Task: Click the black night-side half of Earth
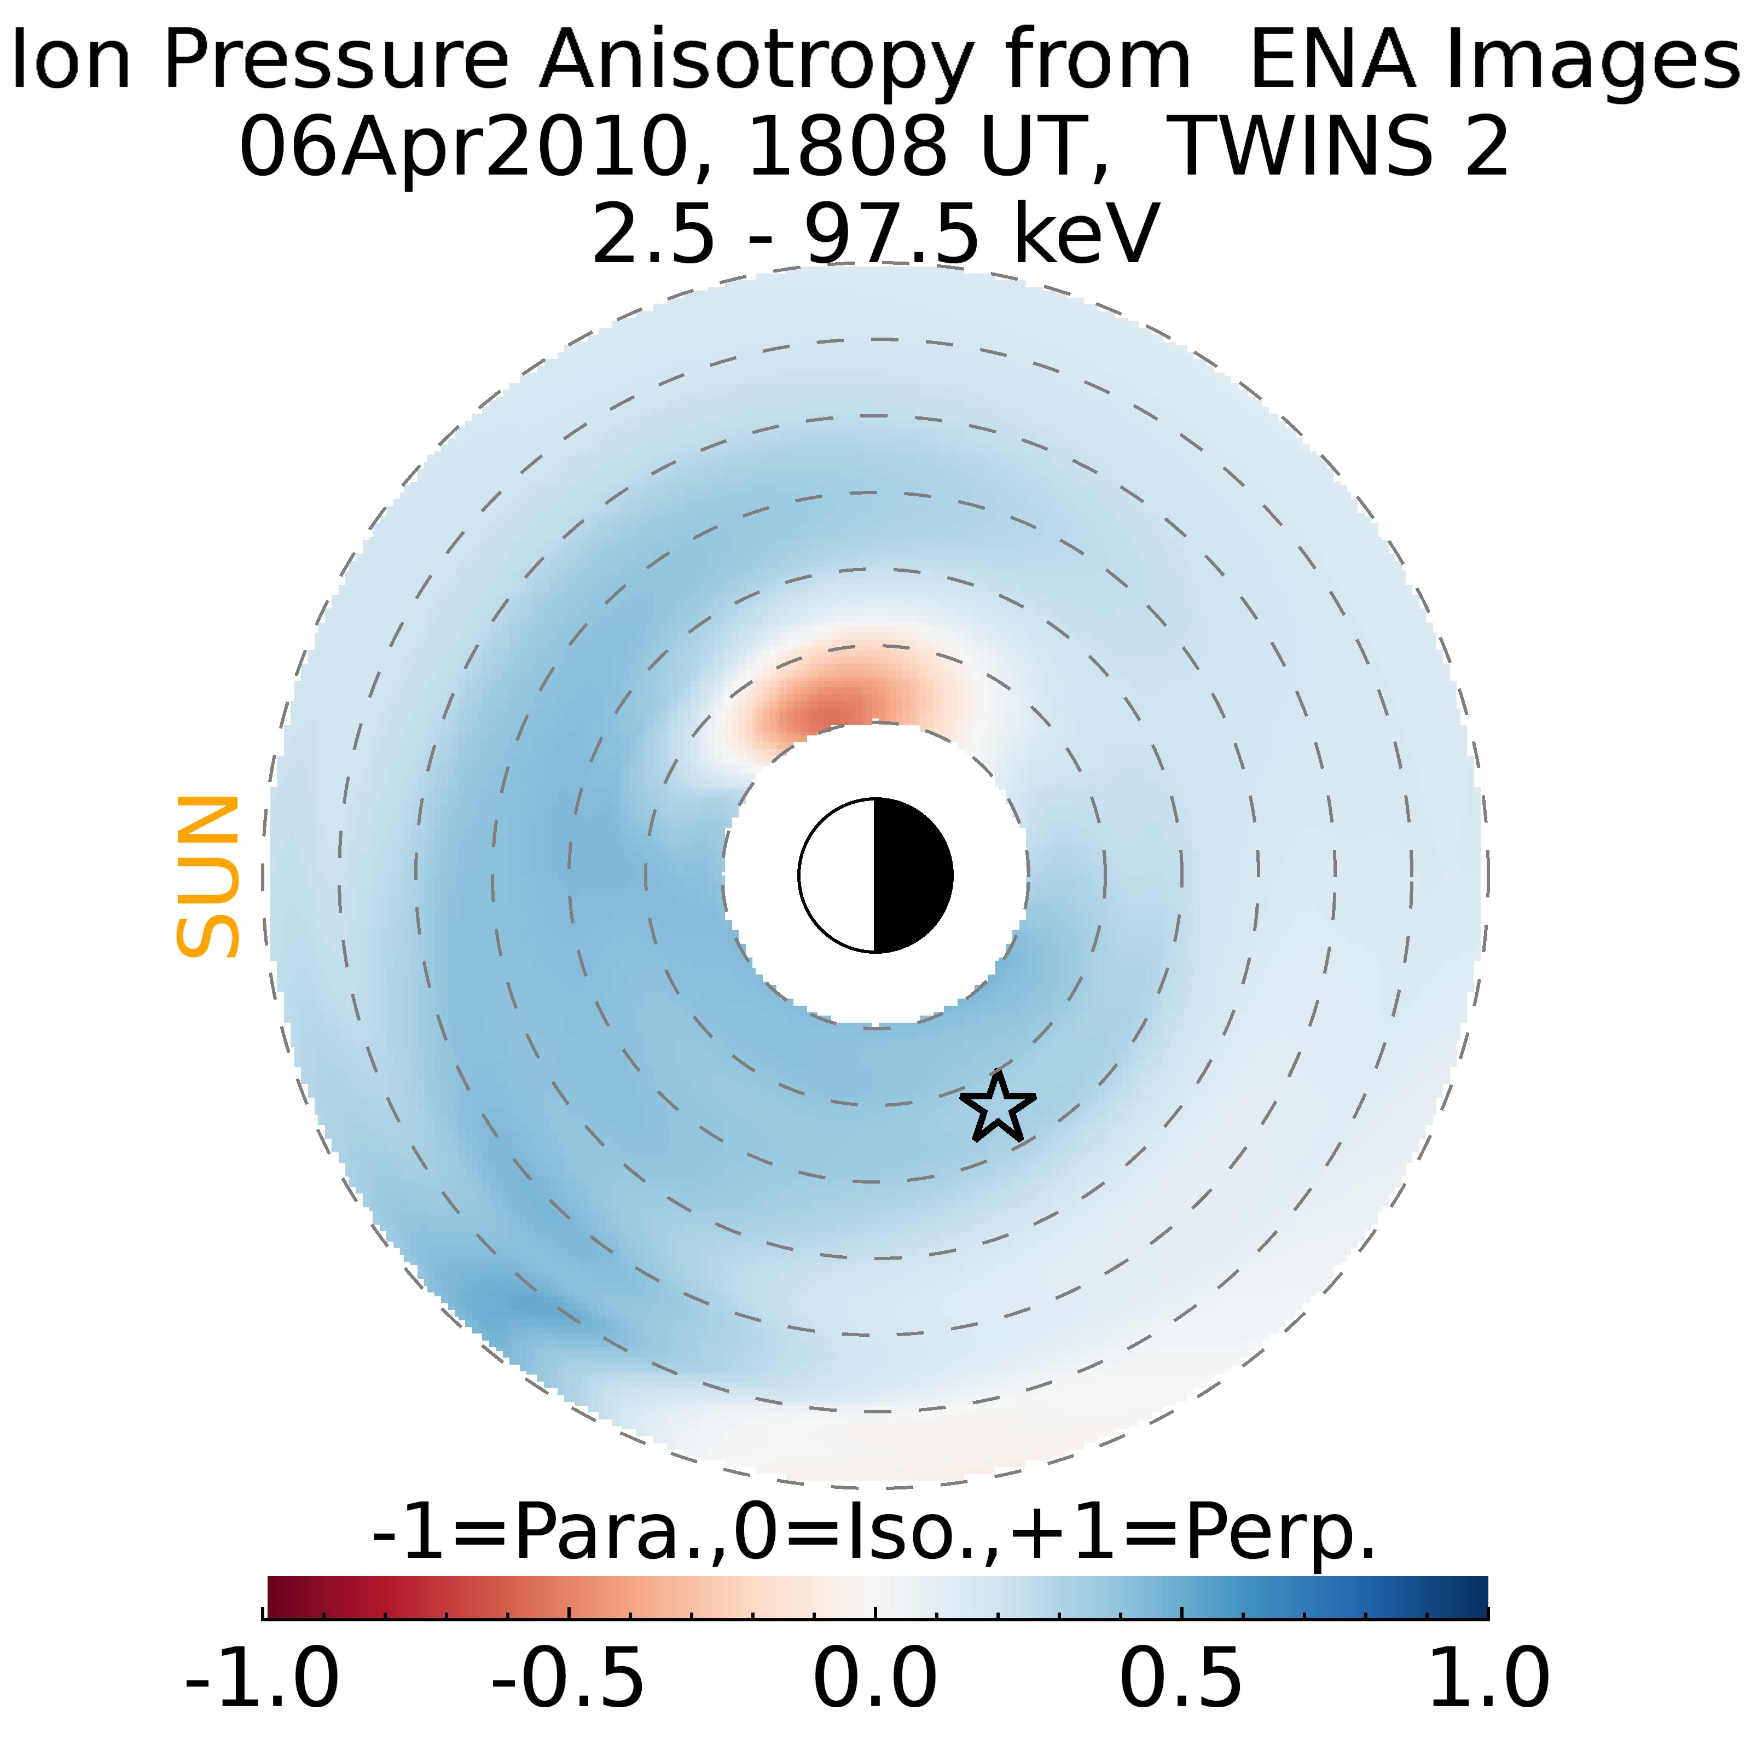point(911,876)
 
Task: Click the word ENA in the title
point(1332,62)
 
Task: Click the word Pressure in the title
point(335,62)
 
